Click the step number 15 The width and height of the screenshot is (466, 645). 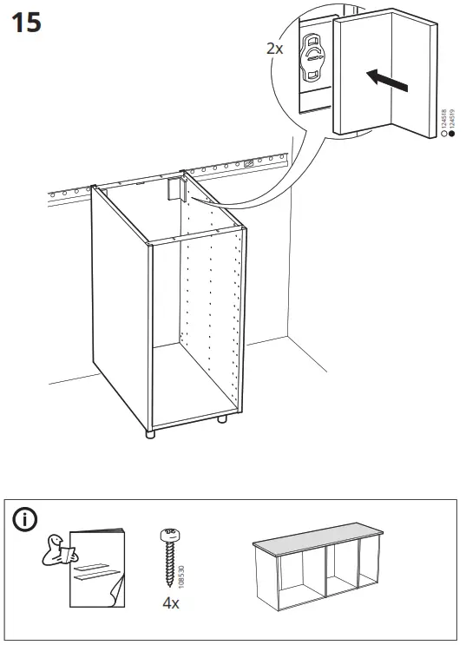26,23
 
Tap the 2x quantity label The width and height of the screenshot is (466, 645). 274,49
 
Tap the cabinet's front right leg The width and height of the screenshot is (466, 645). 223,421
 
